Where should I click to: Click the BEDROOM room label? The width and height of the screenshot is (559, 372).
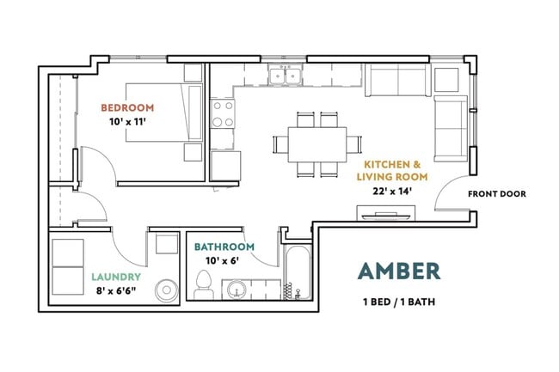point(127,107)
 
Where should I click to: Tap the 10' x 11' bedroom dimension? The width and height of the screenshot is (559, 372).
point(127,122)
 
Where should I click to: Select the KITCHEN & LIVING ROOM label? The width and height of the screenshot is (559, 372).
point(392,170)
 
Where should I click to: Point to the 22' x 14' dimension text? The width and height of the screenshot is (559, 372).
point(392,192)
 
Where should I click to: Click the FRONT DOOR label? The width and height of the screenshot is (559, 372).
point(496,194)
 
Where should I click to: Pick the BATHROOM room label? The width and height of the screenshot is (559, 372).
point(224,247)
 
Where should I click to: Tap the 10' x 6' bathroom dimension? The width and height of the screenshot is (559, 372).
point(222,261)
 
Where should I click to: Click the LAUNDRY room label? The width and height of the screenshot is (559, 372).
point(116,277)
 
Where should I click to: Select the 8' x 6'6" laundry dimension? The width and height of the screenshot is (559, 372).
point(116,291)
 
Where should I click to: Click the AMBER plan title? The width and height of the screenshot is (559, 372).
point(399,271)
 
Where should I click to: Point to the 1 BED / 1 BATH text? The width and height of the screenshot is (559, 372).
point(399,302)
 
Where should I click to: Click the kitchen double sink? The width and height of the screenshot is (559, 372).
point(286,75)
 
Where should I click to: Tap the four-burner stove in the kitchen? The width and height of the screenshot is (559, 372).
point(224,113)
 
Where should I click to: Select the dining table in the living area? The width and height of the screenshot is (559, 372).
point(317,144)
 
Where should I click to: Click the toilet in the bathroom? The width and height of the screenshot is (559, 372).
point(204,284)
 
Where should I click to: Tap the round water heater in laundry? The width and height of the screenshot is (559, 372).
point(167,290)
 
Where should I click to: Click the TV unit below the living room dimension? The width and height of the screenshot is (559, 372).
point(386,214)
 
